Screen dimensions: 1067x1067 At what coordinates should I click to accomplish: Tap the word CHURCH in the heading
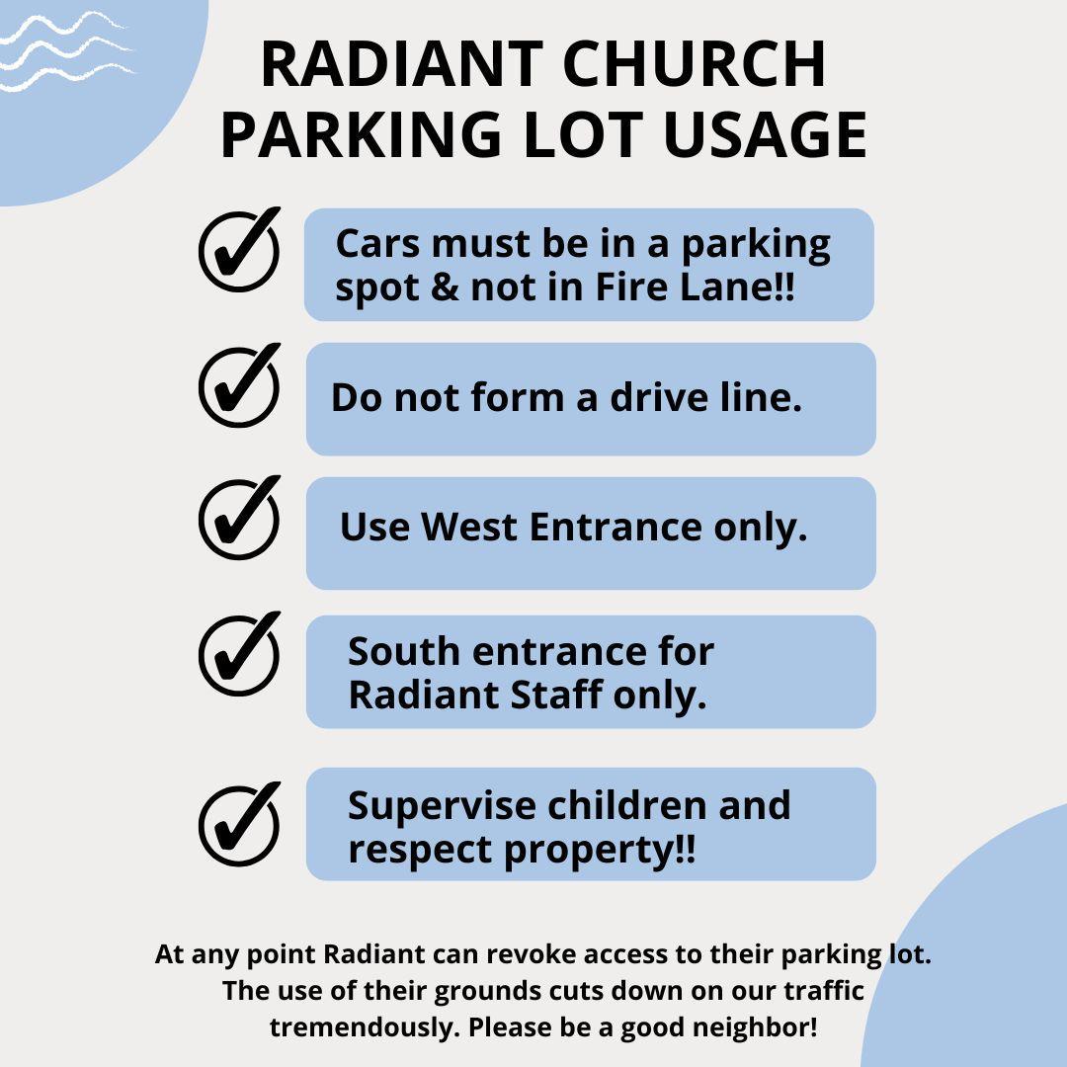click(x=695, y=64)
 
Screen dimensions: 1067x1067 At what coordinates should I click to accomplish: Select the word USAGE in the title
click(x=765, y=134)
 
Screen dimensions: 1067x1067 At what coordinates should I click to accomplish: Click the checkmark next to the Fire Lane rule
click(x=239, y=249)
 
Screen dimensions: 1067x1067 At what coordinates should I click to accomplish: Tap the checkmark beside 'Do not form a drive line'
click(x=239, y=385)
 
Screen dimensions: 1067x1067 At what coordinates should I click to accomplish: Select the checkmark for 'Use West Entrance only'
click(x=239, y=518)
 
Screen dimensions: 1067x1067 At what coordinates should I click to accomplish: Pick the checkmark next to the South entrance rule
click(x=239, y=654)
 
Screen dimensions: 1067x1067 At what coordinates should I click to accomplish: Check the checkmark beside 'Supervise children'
click(x=239, y=824)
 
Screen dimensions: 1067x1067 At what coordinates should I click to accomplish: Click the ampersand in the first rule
click(x=445, y=287)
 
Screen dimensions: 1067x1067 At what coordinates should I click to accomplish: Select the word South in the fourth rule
click(x=403, y=651)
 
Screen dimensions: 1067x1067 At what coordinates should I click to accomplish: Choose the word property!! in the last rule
click(x=600, y=851)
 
